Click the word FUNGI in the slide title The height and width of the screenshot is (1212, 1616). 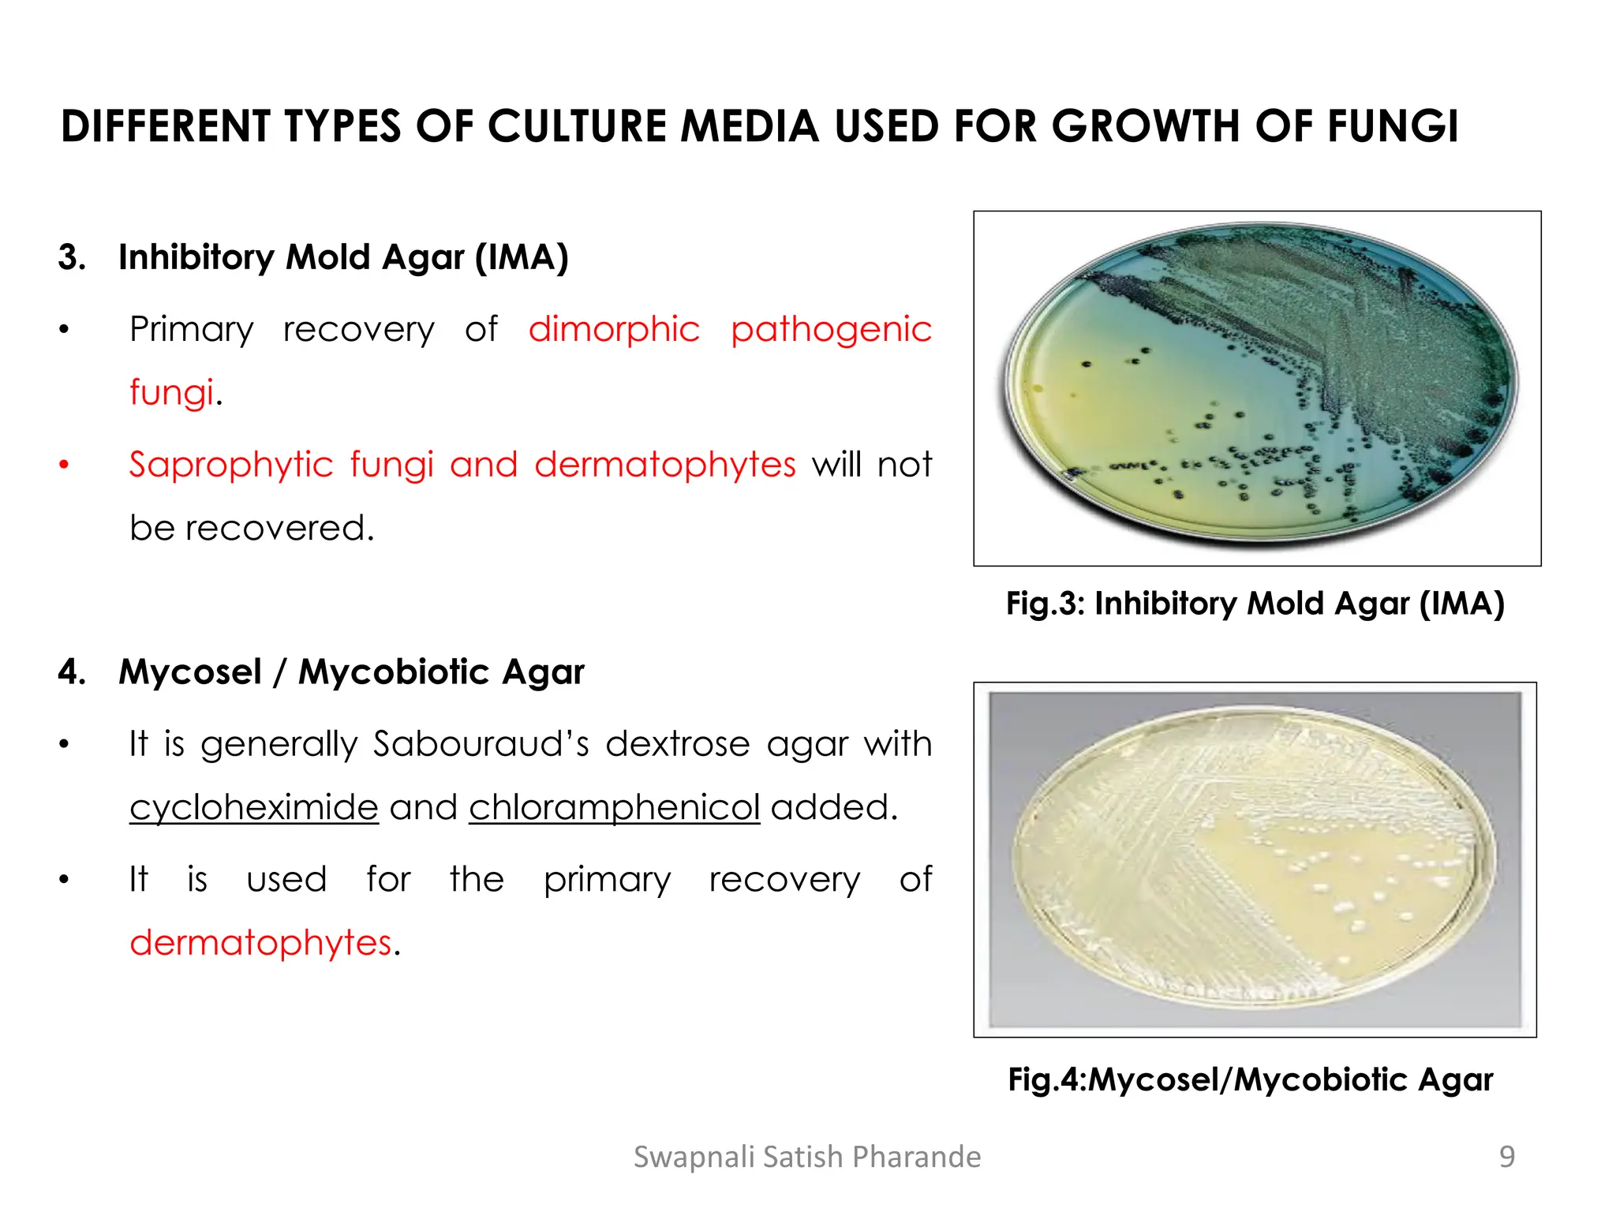[1393, 127]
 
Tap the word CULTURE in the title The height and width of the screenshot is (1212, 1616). [576, 127]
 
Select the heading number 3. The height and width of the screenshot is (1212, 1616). [71, 257]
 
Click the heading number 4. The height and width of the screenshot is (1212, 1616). [71, 672]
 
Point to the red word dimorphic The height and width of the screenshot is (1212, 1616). [614, 330]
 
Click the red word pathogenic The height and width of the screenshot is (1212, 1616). [831, 330]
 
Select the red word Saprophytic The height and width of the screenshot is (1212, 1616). [232, 465]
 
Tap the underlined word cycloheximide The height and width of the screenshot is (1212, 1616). [254, 807]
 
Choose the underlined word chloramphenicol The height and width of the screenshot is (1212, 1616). [614, 807]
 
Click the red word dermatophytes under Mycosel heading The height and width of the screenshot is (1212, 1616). [260, 943]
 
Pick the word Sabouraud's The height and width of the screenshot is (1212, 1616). [481, 744]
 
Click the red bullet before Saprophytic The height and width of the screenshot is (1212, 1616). [65, 465]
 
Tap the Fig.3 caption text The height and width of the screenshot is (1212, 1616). [1255, 604]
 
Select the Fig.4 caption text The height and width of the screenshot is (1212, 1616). [1251, 1079]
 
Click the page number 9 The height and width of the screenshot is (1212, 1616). [1506, 1157]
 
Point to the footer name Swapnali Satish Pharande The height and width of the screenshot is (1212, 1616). [807, 1157]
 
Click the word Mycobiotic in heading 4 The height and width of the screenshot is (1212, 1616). [394, 672]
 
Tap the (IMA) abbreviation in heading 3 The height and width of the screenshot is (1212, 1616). [521, 257]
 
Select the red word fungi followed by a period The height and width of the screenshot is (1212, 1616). [171, 392]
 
